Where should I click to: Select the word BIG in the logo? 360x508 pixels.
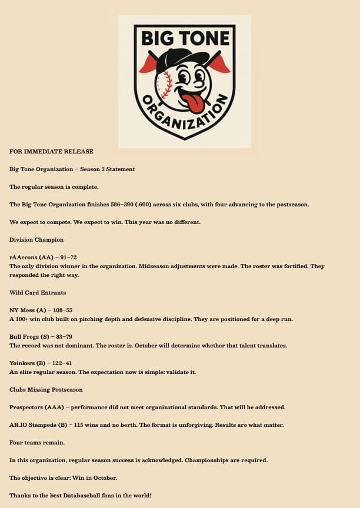point(158,39)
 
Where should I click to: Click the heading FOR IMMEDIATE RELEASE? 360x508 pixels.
point(51,151)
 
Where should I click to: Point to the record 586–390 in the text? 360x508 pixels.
point(136,205)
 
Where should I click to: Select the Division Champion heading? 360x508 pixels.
point(36,240)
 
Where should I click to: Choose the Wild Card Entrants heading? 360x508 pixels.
point(38,292)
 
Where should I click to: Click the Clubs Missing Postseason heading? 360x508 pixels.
point(46,389)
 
